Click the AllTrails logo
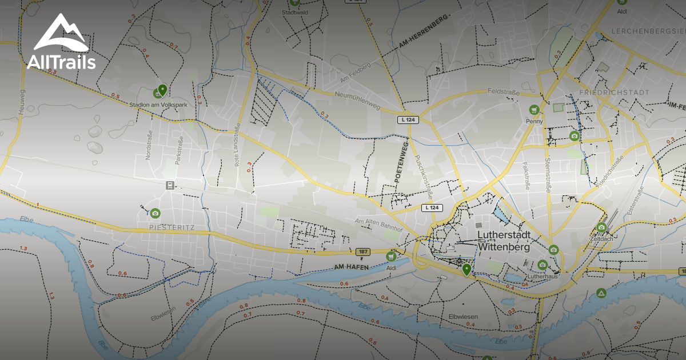click(61, 43)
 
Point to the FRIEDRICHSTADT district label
click(613, 93)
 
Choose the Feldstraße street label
click(505, 91)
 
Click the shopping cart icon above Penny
click(534, 110)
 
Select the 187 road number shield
click(362, 251)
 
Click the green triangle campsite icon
click(601, 293)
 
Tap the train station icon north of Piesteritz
click(170, 185)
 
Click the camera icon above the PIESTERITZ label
click(155, 213)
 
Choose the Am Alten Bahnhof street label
click(379, 225)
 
